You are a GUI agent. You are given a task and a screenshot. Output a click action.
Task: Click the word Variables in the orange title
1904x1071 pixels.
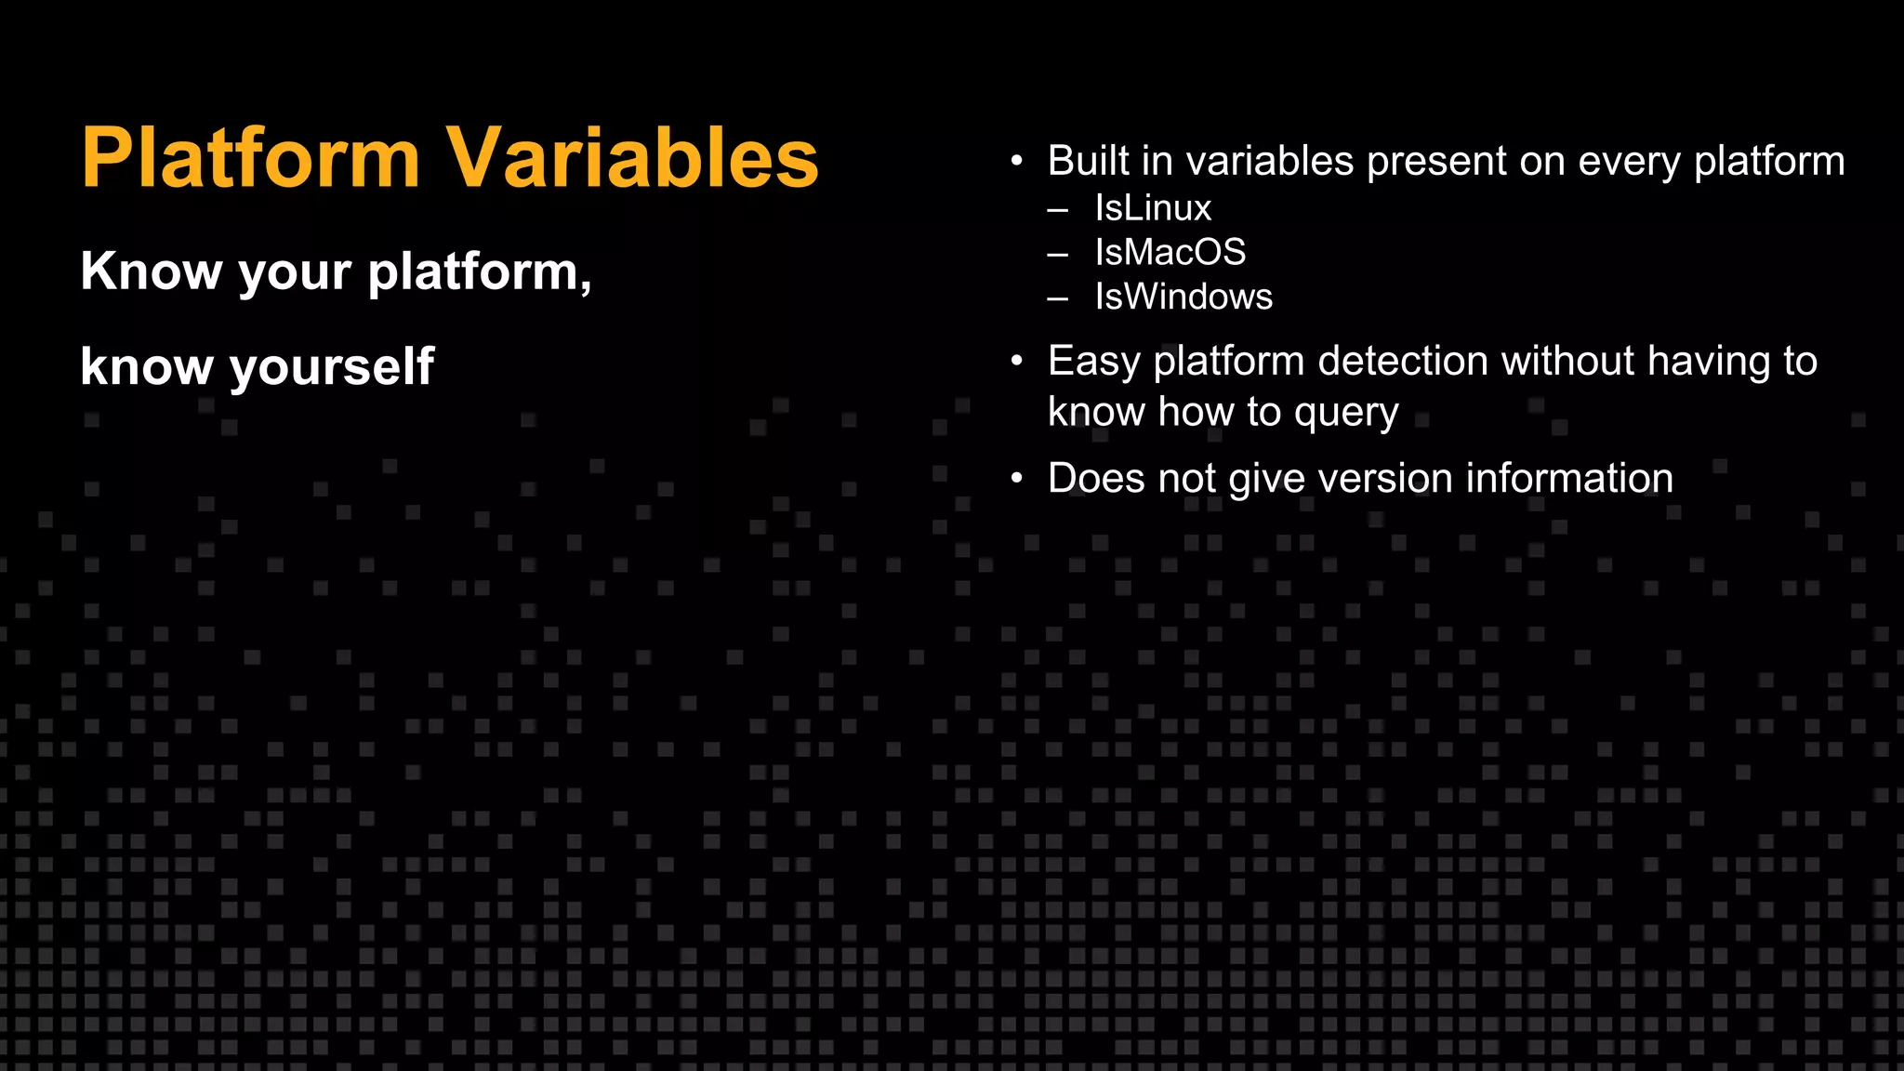point(632,158)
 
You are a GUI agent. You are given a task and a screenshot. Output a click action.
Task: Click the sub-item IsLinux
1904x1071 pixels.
point(1153,208)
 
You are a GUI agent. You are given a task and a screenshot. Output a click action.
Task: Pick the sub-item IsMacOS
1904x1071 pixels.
point(1170,253)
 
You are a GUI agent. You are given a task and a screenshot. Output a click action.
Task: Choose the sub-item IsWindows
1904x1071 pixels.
point(1183,297)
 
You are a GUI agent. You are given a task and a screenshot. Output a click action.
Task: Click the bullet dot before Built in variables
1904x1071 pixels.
point(1017,162)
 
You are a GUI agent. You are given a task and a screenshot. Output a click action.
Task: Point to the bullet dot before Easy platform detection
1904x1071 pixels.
point(1017,361)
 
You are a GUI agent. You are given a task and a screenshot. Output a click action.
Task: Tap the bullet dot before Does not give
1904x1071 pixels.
point(1017,479)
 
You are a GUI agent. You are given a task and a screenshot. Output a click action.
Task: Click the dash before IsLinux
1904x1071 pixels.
point(1057,210)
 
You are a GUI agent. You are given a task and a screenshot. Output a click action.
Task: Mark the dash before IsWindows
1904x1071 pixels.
point(1057,299)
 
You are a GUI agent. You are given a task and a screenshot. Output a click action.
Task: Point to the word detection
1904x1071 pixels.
point(1403,361)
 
